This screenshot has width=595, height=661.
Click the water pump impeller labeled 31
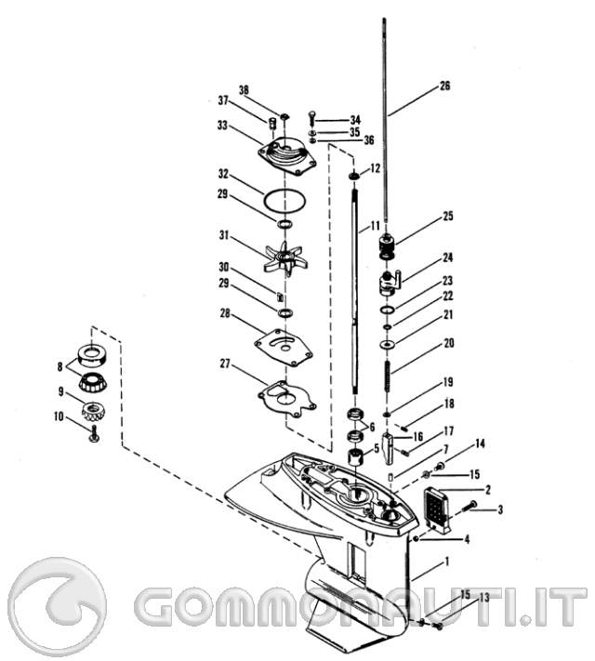tap(285, 258)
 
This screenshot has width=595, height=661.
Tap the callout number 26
tap(445, 86)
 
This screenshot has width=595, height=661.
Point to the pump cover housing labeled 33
tap(286, 158)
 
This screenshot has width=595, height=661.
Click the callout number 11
tap(375, 226)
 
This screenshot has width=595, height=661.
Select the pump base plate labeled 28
tap(284, 348)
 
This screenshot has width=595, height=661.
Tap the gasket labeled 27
tap(286, 399)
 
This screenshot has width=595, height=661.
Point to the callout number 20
tap(449, 343)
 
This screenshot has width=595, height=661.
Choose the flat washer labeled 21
tap(386, 345)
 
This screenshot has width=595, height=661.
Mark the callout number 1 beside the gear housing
tap(447, 562)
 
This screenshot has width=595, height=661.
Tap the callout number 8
tap(59, 366)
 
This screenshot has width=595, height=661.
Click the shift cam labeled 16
tap(389, 449)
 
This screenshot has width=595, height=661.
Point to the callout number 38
tap(244, 90)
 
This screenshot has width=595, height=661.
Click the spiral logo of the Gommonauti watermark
tap(58, 607)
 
